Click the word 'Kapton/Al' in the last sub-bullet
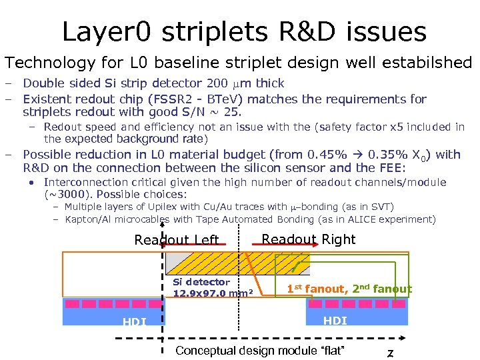click(x=87, y=219)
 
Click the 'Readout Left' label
click(x=177, y=240)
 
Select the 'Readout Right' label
click(x=308, y=239)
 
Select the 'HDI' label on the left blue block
click(x=135, y=322)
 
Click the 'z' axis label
click(x=390, y=353)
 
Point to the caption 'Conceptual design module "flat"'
click(x=260, y=351)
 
